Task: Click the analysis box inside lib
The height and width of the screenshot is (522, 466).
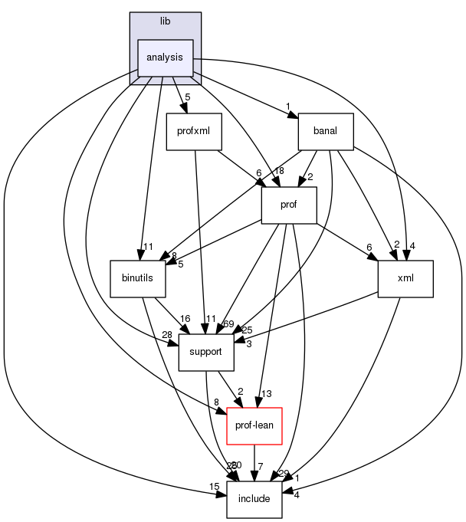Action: click(x=165, y=57)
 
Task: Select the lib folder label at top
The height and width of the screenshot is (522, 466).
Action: click(x=165, y=21)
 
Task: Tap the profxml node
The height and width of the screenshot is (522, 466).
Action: click(x=194, y=131)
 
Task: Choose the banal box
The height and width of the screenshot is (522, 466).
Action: click(x=325, y=131)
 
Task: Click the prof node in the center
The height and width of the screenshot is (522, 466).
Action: click(x=289, y=205)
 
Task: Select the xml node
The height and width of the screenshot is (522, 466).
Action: click(x=405, y=278)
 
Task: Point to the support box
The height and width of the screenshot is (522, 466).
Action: click(x=205, y=352)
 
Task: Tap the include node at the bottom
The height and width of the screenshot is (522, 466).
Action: click(x=254, y=499)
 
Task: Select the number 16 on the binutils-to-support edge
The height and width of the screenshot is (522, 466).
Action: click(x=185, y=318)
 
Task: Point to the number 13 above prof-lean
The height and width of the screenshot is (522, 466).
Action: click(x=266, y=394)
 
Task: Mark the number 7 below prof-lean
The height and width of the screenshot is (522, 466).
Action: click(x=261, y=467)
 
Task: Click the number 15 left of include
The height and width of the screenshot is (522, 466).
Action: click(x=215, y=487)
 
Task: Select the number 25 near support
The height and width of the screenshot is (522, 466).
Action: click(x=247, y=330)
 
